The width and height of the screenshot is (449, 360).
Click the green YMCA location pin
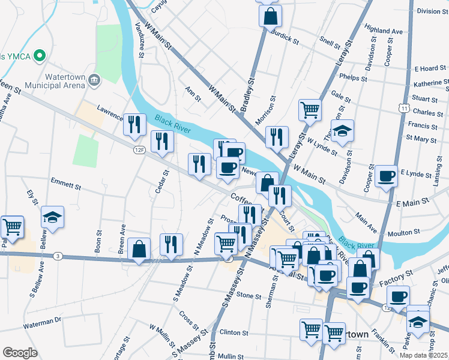pyautogui.click(x=41, y=56)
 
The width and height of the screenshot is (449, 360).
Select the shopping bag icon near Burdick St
pyautogui.click(x=270, y=16)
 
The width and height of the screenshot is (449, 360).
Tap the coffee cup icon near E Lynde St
pyautogui.click(x=386, y=176)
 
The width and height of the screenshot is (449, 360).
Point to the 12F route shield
pyautogui.click(x=139, y=149)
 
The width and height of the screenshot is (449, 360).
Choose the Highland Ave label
pyautogui.click(x=383, y=30)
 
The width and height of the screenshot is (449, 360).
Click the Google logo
pyautogui.click(x=20, y=353)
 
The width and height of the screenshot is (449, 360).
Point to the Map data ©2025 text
pyautogui.click(x=424, y=355)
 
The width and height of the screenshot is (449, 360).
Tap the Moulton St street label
pyautogui.click(x=404, y=232)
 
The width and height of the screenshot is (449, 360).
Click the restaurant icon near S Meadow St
pyautogui.click(x=172, y=244)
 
